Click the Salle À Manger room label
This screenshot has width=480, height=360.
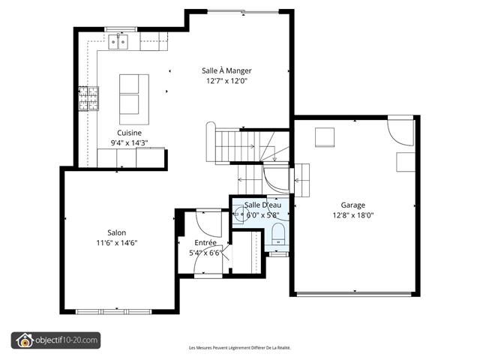coord(226,70)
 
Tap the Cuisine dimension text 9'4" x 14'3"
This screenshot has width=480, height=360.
coord(129,143)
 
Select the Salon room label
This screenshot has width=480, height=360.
coord(117,232)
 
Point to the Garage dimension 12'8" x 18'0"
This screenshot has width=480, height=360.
coord(353,215)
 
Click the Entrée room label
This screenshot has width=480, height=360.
coord(205,242)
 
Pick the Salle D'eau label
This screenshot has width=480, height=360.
coord(262,205)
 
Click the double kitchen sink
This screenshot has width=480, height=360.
coord(118,42)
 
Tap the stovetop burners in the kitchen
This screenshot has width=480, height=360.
coord(88,98)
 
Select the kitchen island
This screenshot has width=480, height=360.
coord(134,99)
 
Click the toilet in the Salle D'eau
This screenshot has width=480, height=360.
coord(278,233)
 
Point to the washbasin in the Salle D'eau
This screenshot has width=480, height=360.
coord(238,214)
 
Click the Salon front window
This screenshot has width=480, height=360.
coord(113,312)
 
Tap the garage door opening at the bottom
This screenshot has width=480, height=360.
coord(354,294)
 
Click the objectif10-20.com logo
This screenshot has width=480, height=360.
coord(55,340)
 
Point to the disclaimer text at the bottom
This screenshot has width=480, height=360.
coord(240,348)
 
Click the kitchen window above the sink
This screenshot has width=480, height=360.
coord(121,29)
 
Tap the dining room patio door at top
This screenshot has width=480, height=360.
coord(243,12)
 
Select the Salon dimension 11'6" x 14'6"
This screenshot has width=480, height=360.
coord(117,243)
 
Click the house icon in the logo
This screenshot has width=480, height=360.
coord(25,340)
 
